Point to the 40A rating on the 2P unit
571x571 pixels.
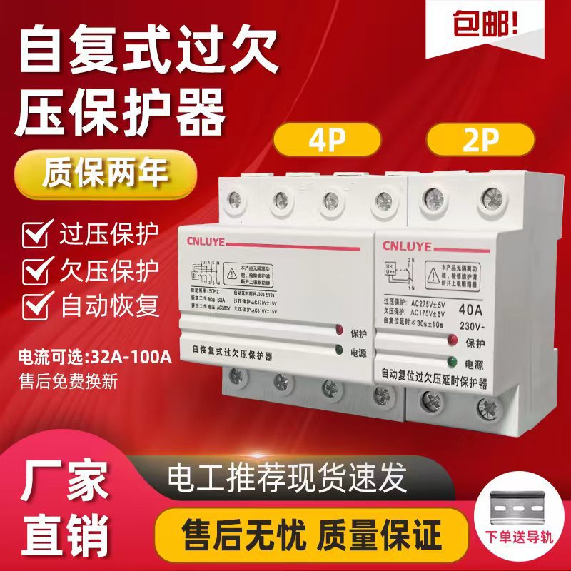(469, 310)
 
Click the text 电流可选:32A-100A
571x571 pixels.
(92, 358)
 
